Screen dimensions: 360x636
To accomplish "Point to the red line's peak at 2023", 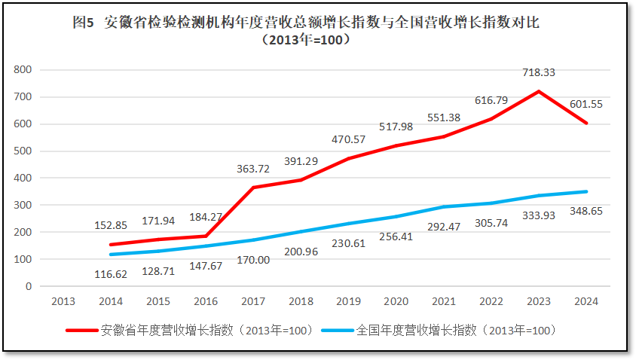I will tap(538, 91).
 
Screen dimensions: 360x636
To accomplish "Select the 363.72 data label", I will tap(253, 169).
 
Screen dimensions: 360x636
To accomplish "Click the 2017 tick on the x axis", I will tap(253, 301).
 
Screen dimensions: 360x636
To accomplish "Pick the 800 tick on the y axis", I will tap(23, 69).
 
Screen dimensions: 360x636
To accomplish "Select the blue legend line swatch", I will tap(337, 330).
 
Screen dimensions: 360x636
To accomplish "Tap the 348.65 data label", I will tap(586, 212).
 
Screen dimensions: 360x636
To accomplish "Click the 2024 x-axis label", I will tap(586, 301).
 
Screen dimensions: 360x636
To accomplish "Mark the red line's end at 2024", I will tap(586, 123).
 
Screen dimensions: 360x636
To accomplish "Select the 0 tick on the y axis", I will tap(29, 286).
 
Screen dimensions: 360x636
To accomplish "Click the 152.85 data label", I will tap(110, 224).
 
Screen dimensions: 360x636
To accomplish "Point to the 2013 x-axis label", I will tap(63, 301).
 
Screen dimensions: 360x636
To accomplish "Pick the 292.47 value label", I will tap(443, 224).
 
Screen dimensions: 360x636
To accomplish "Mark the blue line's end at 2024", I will tap(586, 191).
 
